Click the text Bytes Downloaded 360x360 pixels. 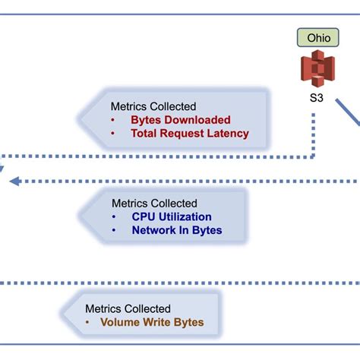point(180,120)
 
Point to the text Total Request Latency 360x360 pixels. point(189,134)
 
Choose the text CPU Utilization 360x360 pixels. point(172,216)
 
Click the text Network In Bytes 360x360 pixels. point(177,230)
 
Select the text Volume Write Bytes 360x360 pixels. point(152,322)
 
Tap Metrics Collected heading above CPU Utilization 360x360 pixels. point(154,203)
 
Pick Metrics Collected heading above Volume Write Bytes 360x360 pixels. point(128,308)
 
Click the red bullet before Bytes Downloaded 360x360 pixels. point(113,120)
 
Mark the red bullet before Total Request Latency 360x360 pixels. point(113,134)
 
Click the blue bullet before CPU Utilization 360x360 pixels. point(114,216)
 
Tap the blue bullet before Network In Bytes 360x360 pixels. point(114,230)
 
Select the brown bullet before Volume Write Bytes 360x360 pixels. point(87,322)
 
